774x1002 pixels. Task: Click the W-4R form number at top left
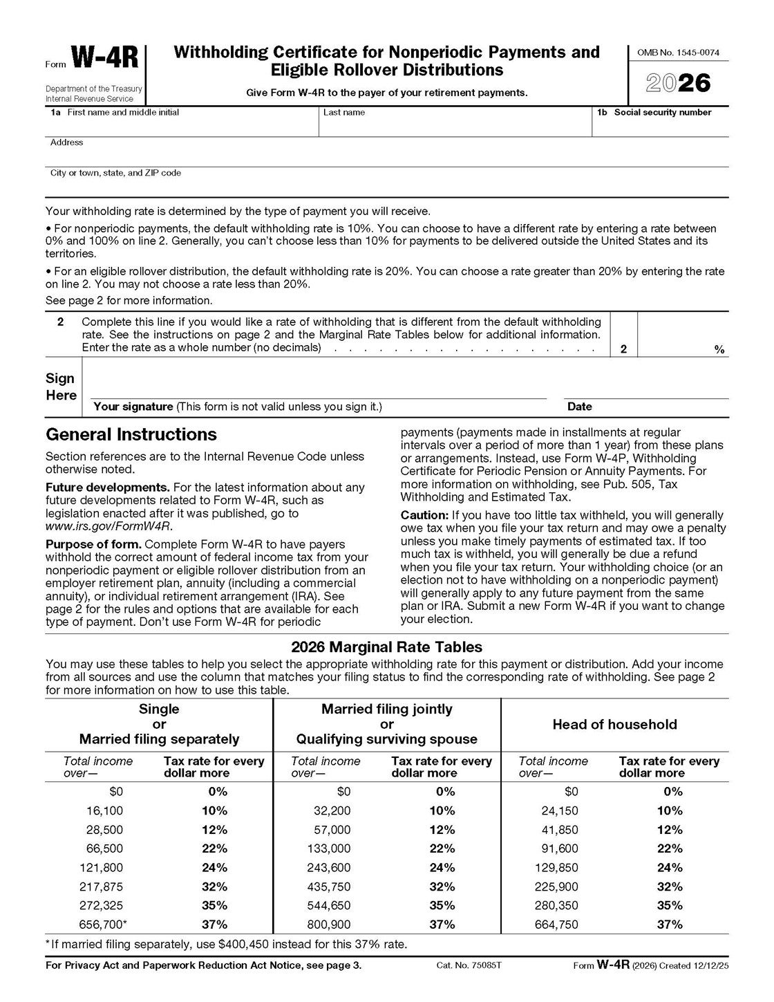104,59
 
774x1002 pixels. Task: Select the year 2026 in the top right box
678,83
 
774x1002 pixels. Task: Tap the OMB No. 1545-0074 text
678,53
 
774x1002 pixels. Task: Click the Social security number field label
662,113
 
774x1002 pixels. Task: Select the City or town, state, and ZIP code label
115,173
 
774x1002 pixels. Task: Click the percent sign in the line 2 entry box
719,350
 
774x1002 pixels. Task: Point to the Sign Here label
61,387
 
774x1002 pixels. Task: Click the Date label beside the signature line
579,407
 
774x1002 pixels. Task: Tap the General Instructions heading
131,435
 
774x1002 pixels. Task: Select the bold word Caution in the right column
424,515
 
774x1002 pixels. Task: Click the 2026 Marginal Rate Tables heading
386,647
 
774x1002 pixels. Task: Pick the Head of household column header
614,725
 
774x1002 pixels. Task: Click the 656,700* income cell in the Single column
106,925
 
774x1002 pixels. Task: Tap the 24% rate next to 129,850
669,868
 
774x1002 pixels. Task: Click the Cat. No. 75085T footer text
469,965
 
